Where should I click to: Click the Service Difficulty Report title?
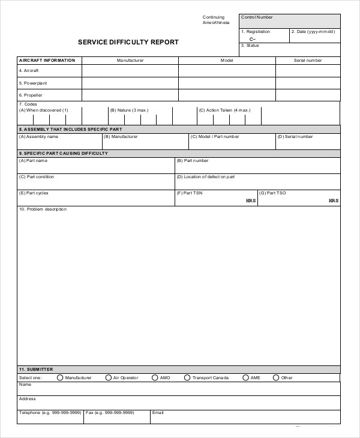point(128,43)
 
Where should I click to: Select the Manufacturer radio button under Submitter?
point(60,377)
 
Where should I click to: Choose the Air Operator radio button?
point(109,377)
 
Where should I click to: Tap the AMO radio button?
point(155,377)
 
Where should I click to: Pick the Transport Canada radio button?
point(187,377)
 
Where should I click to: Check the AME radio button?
point(245,377)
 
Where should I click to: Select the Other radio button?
point(276,377)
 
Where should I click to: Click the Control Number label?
point(256,17)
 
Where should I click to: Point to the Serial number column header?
point(307,61)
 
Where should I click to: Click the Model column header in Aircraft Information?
point(227,61)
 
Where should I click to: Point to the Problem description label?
point(43,209)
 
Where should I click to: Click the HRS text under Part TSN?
point(251,200)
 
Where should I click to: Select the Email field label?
point(158,413)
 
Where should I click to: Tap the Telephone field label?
point(50,413)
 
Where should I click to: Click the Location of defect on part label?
point(206,177)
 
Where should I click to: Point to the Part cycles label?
point(34,193)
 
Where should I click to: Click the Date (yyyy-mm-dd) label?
point(313,32)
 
